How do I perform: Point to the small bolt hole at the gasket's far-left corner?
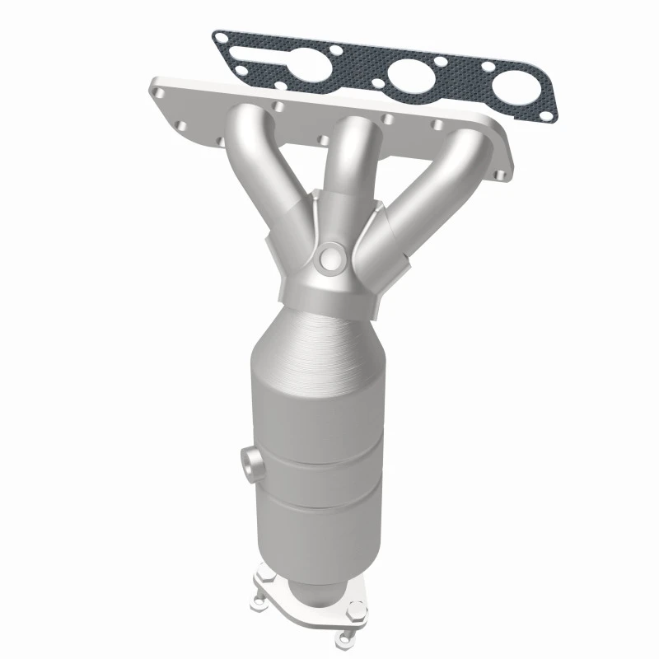click(221, 38)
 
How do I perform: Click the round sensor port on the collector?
click(331, 258)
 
